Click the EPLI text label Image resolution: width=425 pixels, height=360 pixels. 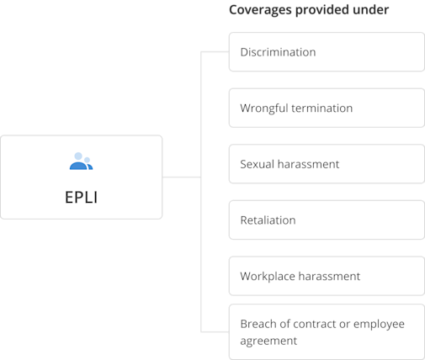(x=82, y=197)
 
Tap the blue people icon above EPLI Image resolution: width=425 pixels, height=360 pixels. (x=81, y=161)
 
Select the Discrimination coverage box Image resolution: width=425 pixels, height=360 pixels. (x=327, y=52)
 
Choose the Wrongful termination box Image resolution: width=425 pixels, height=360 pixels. (x=327, y=108)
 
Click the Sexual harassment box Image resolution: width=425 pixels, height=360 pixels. (x=327, y=164)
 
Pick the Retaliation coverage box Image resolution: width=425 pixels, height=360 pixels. (x=327, y=220)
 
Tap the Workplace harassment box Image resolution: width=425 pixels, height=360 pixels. (x=327, y=276)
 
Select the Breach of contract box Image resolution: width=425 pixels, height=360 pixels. (x=327, y=332)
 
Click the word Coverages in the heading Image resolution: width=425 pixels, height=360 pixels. (x=260, y=10)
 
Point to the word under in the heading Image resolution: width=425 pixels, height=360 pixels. (x=370, y=9)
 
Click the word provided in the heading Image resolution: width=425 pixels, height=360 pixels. (x=322, y=10)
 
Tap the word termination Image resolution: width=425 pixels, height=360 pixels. (x=321, y=108)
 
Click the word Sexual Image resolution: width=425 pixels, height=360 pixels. (x=257, y=164)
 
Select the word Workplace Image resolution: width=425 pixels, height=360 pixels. (x=268, y=277)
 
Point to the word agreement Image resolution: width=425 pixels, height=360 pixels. (x=268, y=341)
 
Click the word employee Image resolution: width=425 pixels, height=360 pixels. (x=379, y=325)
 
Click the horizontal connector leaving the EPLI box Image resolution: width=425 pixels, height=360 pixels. (x=182, y=177)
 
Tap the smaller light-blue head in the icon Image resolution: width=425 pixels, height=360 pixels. (x=88, y=160)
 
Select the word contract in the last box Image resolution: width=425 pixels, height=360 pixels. (x=315, y=324)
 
